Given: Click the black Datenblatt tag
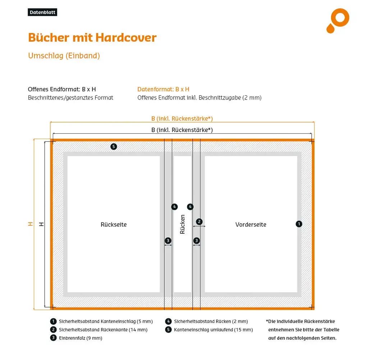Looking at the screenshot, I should point(42,13).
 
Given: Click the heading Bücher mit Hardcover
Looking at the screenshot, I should point(92,38).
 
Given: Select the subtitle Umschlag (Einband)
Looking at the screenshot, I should point(64,56).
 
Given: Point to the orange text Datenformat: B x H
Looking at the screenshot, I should point(163,89).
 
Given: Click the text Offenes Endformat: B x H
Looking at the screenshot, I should point(62,89).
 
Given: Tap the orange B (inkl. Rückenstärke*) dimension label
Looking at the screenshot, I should point(182,119).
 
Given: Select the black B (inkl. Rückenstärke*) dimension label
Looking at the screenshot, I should point(182,130).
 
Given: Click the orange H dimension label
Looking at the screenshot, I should point(31,224).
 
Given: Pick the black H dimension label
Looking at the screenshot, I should point(41,224).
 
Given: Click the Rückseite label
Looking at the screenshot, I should point(114,225).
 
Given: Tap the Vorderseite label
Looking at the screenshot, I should point(251,225).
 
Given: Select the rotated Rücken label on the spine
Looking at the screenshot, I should point(183,225).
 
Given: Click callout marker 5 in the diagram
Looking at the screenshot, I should point(114,147).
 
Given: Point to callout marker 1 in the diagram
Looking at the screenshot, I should point(299,224).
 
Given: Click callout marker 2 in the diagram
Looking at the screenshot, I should point(199,221).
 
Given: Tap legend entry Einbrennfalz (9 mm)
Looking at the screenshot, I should point(81,338).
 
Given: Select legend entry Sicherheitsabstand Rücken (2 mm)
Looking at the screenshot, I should point(211,322).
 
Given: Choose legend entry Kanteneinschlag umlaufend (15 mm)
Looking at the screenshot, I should point(213,330).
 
